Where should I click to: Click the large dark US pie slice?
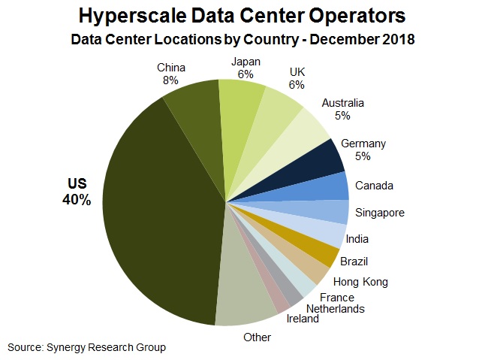tap(158, 210)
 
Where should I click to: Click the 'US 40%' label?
tap(77, 192)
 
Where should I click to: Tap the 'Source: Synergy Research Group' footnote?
tap(86, 346)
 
